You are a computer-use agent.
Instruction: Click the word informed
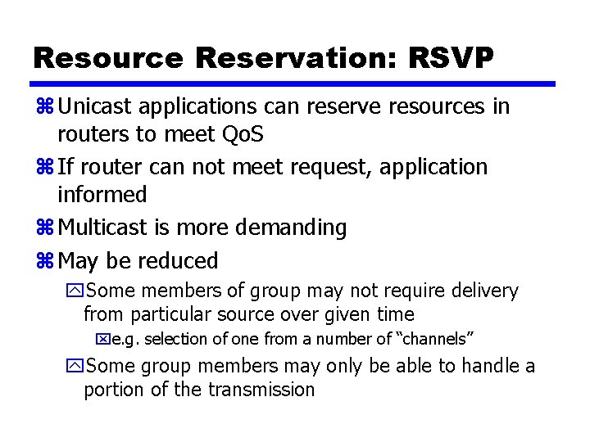pos(102,195)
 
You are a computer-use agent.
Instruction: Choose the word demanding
pos(294,228)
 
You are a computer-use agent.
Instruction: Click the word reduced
pos(178,261)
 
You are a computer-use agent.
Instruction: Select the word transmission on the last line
pos(262,390)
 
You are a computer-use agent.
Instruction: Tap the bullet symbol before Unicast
pos(44,106)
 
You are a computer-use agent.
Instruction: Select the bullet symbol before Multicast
pos(44,228)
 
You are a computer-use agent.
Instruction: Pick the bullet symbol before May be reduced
pos(44,261)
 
